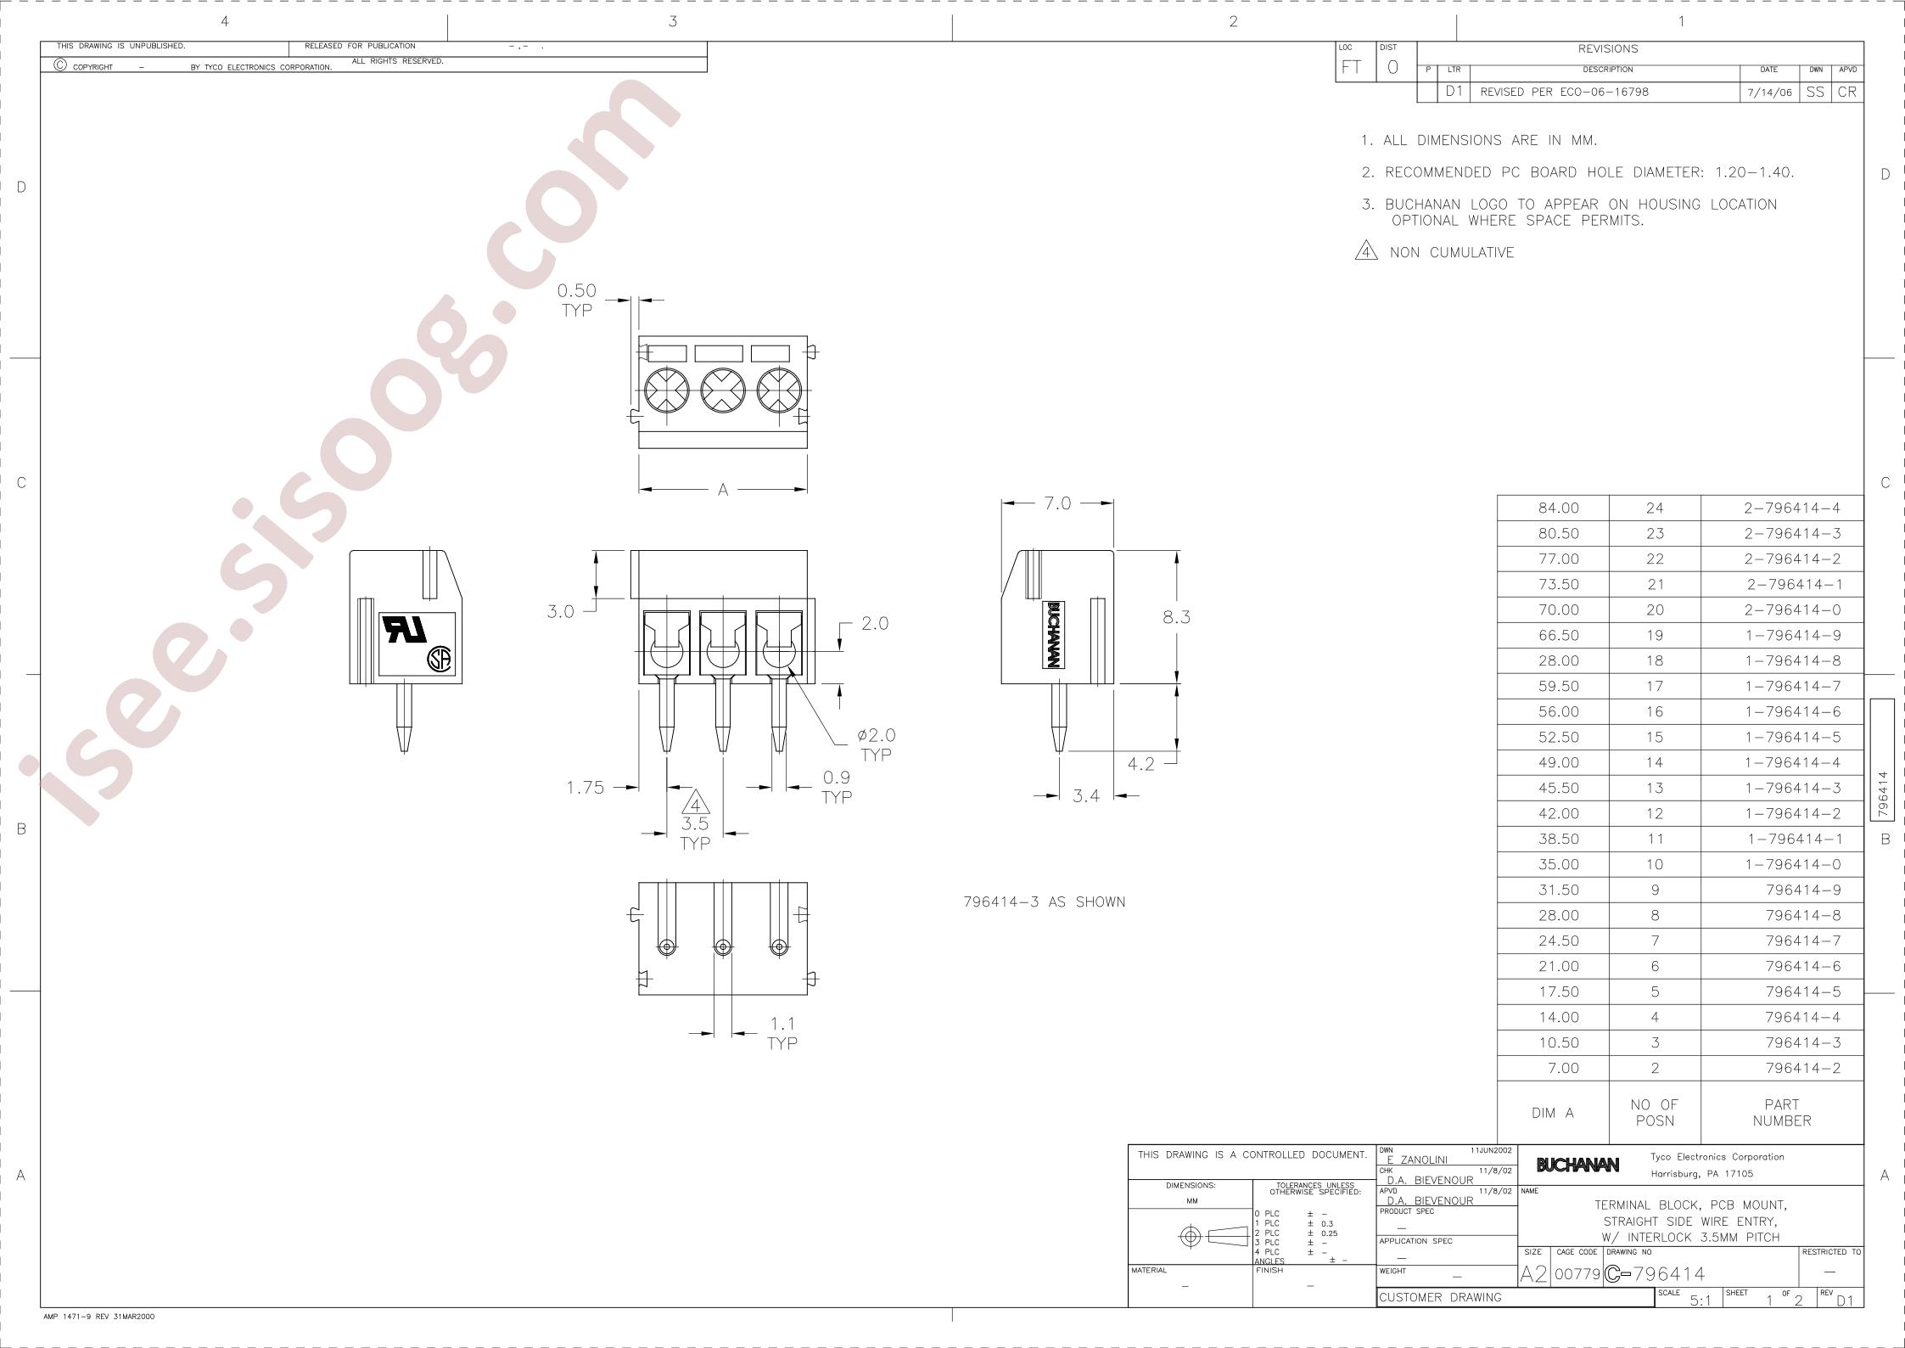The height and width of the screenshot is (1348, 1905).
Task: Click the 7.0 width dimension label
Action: pos(1057,503)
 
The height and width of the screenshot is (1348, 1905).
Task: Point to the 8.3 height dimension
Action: pos(1176,617)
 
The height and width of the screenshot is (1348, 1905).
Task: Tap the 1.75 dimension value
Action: pos(586,788)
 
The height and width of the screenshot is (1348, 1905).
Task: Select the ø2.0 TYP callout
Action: pos(876,744)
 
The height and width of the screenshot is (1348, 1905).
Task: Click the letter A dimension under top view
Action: pos(723,490)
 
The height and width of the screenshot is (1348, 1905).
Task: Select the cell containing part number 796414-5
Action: pos(1782,991)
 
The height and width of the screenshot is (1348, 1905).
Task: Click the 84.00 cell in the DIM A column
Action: pos(1553,508)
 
